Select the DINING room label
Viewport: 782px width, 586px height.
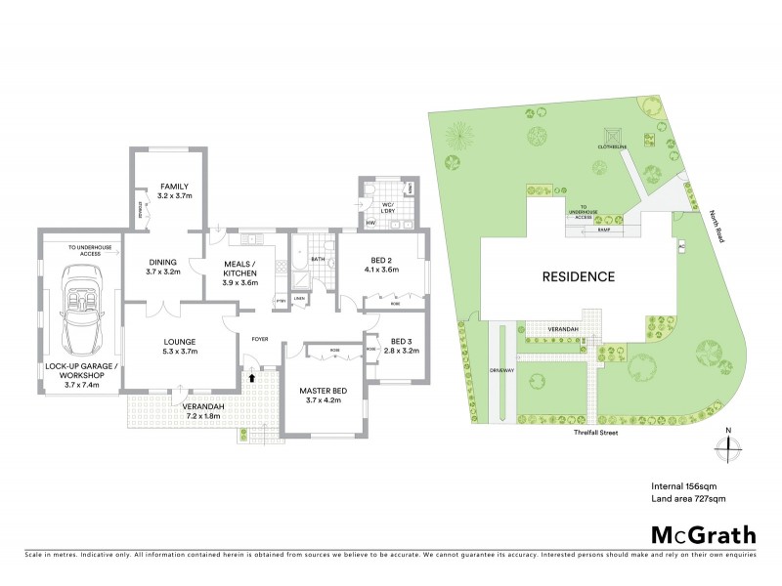click(162, 268)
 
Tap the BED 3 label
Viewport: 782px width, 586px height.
click(402, 346)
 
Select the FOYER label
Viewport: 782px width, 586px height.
click(260, 340)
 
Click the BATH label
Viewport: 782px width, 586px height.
click(318, 260)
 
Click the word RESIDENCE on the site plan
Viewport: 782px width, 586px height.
click(579, 276)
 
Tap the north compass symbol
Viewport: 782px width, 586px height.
click(727, 446)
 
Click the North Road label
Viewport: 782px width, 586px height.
click(719, 230)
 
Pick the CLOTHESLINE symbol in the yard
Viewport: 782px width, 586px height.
click(613, 135)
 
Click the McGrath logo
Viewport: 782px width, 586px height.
click(703, 534)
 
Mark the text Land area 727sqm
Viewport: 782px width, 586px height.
click(688, 498)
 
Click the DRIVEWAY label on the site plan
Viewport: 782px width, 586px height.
click(502, 372)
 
